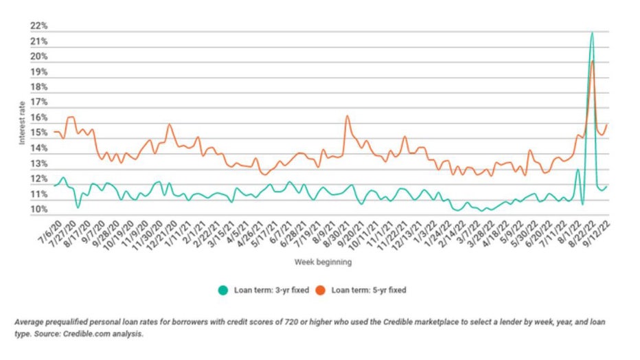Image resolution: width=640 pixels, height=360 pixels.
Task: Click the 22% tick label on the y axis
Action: (38, 26)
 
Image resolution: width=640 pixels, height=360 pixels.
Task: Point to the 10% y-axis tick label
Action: (38, 210)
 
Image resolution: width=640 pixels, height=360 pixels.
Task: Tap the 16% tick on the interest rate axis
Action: (38, 118)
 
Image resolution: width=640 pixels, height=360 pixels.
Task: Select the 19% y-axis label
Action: (38, 72)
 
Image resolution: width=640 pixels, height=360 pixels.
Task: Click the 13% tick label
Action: (38, 164)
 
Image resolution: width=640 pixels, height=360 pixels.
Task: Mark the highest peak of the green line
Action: (591, 32)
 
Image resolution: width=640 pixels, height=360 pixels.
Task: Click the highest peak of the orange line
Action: (592, 61)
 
